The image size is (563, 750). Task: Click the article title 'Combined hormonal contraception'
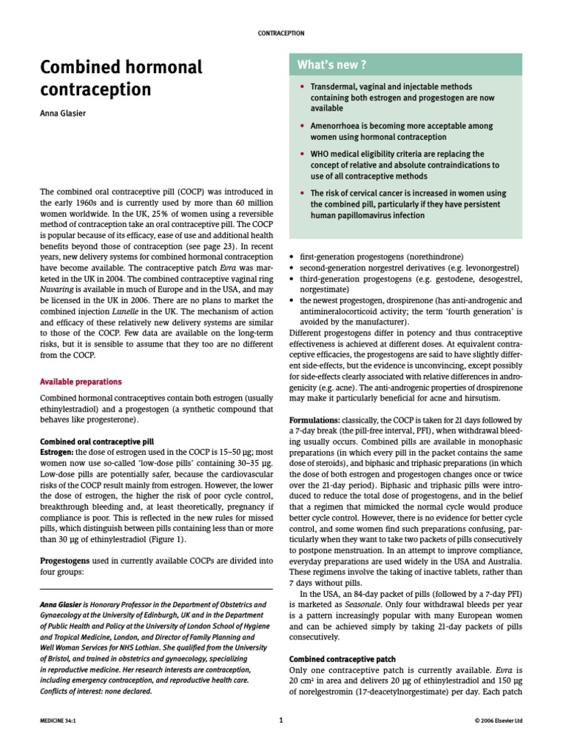point(120,78)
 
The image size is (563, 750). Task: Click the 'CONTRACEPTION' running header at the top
point(281,33)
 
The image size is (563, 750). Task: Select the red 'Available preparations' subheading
point(81,382)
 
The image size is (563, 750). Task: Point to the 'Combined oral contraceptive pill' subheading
point(96,442)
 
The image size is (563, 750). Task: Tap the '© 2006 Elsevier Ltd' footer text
point(498,721)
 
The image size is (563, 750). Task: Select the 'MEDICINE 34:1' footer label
point(59,721)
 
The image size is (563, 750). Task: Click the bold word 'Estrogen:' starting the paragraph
point(57,453)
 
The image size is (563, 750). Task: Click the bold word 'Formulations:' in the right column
point(314,420)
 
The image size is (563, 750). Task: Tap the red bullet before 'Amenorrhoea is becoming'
point(302,126)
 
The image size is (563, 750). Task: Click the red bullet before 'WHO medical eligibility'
point(302,155)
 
